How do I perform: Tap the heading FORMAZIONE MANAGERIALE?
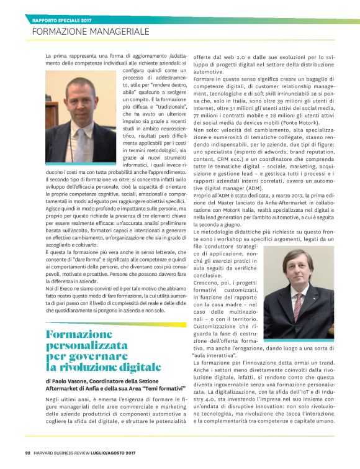click(x=91, y=31)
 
